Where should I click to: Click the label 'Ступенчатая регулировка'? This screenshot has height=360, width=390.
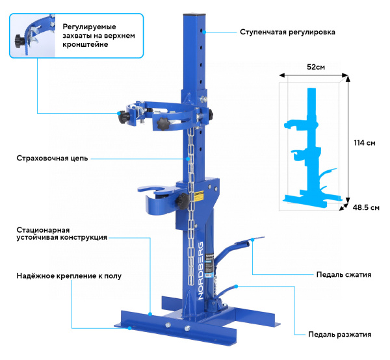click(x=287, y=31)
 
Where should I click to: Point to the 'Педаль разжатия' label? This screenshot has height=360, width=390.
click(x=340, y=335)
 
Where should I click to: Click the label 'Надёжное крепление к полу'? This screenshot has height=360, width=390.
click(x=69, y=276)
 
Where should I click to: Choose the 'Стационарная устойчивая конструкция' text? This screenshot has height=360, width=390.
click(x=62, y=234)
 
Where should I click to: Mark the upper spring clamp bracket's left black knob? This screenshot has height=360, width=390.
click(x=122, y=118)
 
